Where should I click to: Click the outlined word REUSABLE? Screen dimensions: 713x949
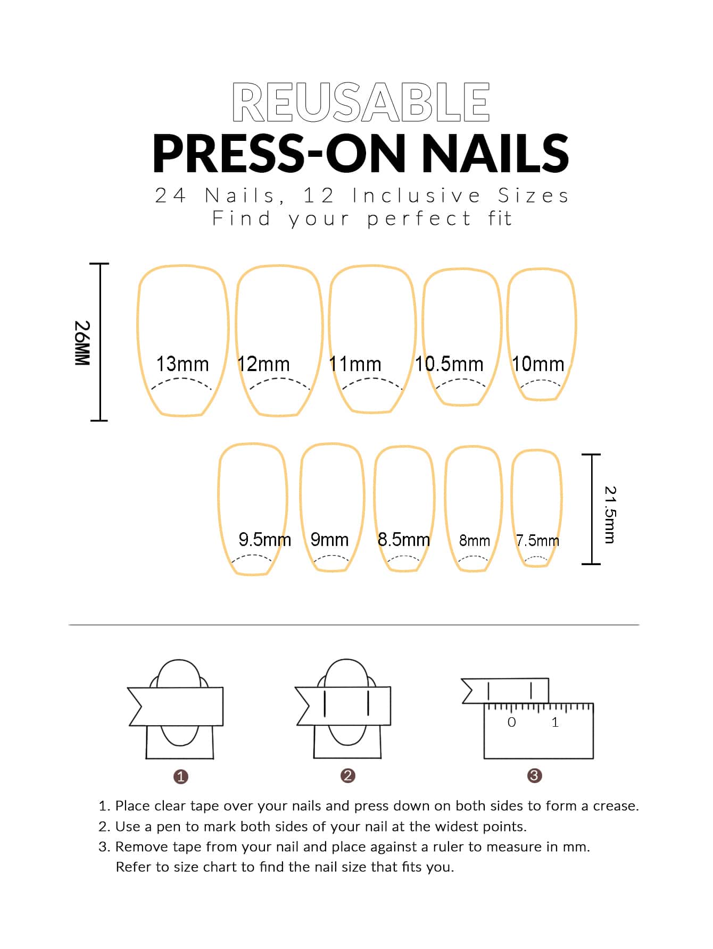tap(361, 103)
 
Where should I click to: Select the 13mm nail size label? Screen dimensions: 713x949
tap(183, 364)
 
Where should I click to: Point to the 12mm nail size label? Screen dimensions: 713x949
tap(264, 364)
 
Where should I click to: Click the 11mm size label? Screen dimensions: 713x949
tap(355, 364)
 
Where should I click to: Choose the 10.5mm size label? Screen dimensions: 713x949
tap(449, 364)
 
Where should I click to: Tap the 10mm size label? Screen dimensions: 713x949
tap(538, 364)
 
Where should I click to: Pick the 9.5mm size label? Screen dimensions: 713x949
tap(265, 540)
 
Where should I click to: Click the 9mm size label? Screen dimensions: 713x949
tap(329, 540)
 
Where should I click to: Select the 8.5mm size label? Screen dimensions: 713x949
tap(404, 540)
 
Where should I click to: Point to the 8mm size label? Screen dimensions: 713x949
tap(475, 541)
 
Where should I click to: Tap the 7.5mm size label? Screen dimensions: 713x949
tap(537, 541)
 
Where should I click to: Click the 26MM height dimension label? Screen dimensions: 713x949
tap(82, 342)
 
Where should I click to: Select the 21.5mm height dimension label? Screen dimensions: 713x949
tap(610, 515)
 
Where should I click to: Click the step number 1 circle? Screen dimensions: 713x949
tap(181, 777)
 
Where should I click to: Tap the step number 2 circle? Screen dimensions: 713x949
tap(347, 776)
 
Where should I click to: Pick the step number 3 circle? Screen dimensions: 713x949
tap(534, 776)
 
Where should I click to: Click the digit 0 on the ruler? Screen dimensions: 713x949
tap(511, 722)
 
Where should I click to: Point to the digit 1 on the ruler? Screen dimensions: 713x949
tap(555, 722)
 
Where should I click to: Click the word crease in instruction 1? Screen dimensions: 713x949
tap(616, 806)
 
